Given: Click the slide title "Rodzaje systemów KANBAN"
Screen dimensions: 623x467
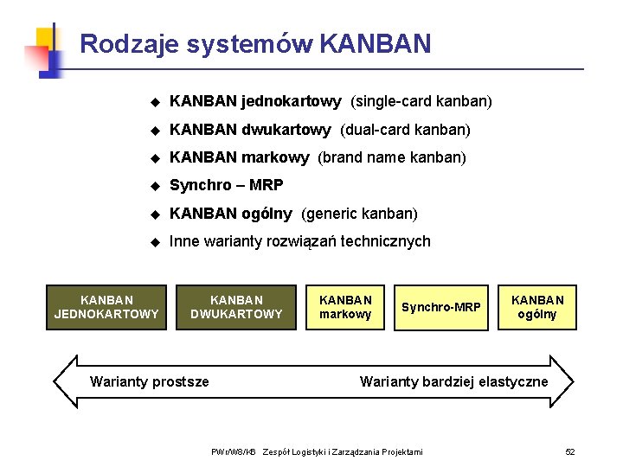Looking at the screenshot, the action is [x=254, y=43].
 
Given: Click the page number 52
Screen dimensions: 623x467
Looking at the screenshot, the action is [x=570, y=452].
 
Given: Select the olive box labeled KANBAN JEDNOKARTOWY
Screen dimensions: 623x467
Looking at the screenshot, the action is [x=106, y=307].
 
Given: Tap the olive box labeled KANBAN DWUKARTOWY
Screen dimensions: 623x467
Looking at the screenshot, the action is [x=236, y=307].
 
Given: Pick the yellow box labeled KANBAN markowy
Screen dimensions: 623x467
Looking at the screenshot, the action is [x=345, y=307].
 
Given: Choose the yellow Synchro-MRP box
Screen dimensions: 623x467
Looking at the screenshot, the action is [x=440, y=307].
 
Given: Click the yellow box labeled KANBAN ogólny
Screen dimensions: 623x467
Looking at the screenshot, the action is [x=537, y=307].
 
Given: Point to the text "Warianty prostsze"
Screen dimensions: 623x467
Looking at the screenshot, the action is [x=150, y=381].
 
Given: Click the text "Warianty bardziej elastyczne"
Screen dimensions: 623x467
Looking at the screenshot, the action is [x=453, y=381].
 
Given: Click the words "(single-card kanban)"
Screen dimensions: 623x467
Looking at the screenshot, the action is [x=421, y=102].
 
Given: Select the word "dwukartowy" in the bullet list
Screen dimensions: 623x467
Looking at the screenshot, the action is [x=286, y=130].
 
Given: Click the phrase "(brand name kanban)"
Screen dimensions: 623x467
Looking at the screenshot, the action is [x=392, y=157].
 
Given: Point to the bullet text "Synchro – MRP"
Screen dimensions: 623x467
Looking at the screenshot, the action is [x=227, y=185].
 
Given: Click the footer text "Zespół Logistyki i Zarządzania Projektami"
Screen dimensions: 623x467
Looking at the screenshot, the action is [x=343, y=452].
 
